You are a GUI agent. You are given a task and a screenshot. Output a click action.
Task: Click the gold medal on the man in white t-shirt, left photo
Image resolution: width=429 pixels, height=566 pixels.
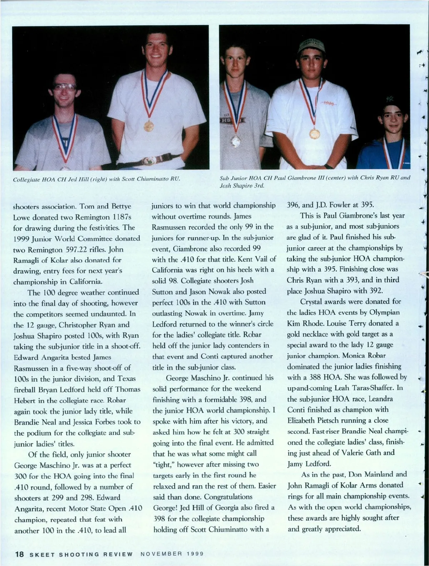[x=148, y=126]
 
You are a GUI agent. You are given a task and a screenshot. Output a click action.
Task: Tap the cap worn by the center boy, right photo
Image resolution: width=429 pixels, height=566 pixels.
[x=313, y=45]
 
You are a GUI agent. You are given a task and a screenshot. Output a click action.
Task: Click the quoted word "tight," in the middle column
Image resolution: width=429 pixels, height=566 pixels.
[x=164, y=465]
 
